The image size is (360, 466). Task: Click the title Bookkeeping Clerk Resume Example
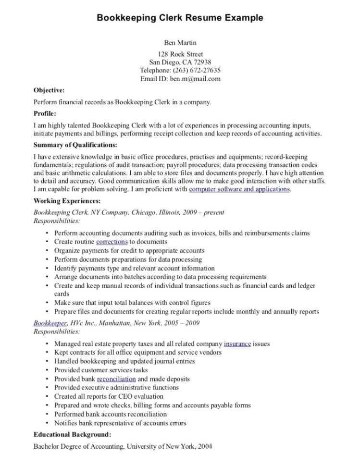point(180,18)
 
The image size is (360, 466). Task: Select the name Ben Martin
point(180,43)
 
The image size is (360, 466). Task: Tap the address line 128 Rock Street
point(180,54)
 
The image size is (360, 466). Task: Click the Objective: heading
point(49,90)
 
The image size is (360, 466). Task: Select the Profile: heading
point(45,114)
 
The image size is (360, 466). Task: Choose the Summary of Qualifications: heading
point(75,145)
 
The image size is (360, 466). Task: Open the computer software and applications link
point(239,189)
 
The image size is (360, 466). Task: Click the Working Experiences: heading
point(67,201)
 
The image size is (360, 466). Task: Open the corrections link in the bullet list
point(112,242)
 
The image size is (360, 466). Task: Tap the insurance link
point(237,344)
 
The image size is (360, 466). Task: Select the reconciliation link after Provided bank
point(116,379)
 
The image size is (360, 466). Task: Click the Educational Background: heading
point(72,435)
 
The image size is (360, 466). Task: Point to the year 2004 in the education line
point(204,446)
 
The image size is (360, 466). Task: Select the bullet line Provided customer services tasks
point(101,370)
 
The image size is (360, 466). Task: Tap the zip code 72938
point(200,62)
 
